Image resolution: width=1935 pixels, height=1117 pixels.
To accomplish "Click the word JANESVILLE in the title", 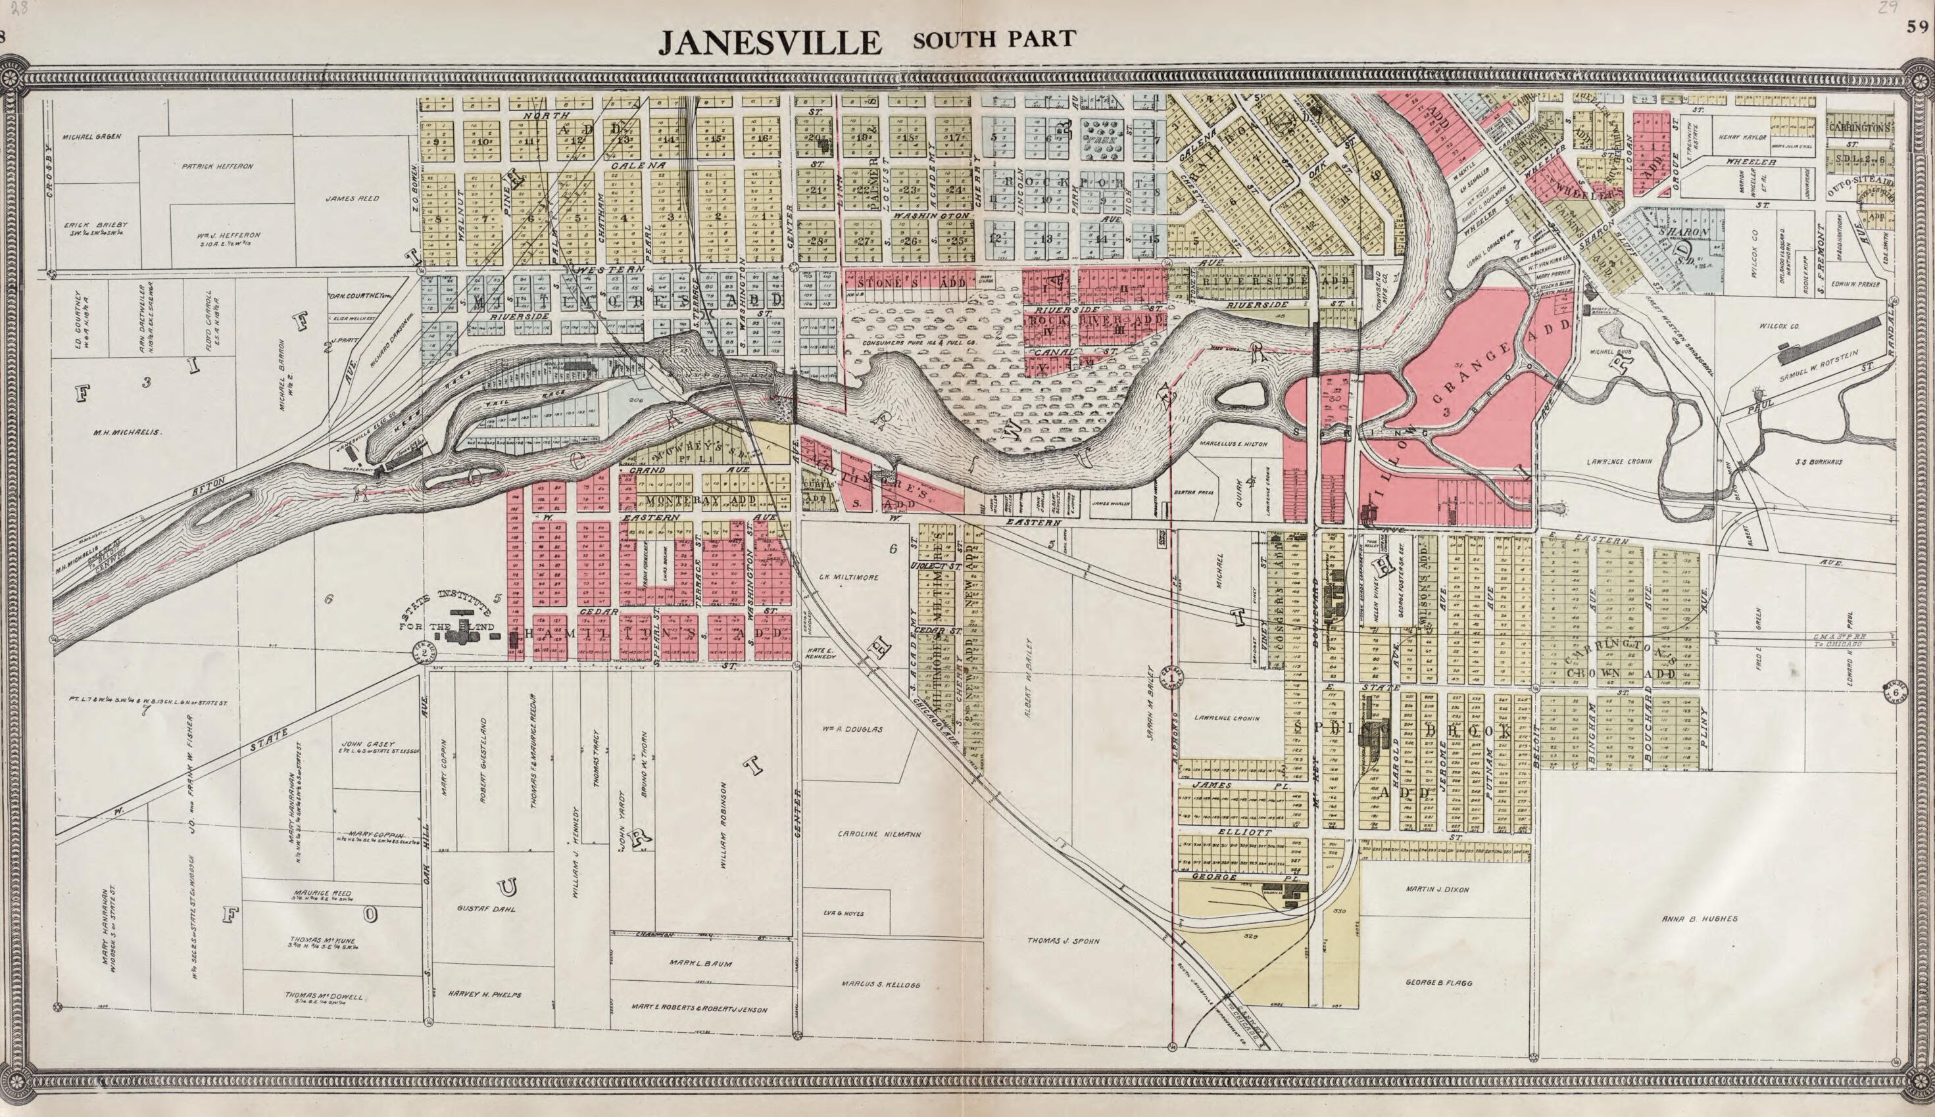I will click(770, 42).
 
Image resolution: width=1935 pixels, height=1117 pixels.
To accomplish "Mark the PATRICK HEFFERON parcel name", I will click(217, 166).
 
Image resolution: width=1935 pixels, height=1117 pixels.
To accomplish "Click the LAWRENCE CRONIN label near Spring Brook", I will click(1618, 462).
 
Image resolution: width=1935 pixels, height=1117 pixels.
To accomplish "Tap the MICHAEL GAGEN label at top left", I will click(93, 137).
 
